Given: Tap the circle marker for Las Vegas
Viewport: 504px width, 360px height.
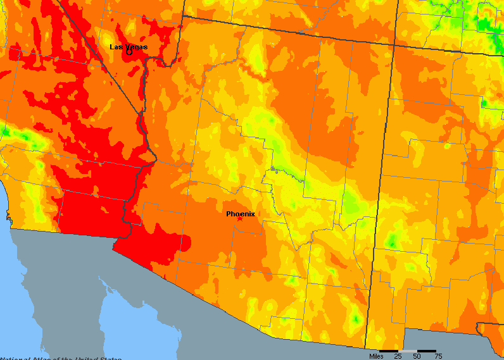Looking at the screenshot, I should (x=129, y=52).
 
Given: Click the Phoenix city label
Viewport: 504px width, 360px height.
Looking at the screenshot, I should (x=241, y=214).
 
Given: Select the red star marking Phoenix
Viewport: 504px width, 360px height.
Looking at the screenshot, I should (x=239, y=219).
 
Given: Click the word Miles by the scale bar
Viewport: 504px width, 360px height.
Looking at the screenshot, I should (x=376, y=356).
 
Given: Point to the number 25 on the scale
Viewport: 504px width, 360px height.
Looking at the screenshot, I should (x=398, y=356).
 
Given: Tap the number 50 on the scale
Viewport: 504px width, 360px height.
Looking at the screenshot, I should (x=417, y=356).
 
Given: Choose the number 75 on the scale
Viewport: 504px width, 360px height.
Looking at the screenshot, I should (x=438, y=356).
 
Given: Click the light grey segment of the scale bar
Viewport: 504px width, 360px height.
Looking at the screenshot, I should (x=408, y=350).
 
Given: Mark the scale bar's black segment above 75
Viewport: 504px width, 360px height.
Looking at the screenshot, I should (x=427, y=350).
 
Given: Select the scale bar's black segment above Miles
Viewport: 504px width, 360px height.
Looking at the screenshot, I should (x=389, y=350).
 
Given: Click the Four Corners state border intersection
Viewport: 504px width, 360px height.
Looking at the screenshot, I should (x=394, y=44).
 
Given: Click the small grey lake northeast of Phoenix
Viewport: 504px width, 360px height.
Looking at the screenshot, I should (x=272, y=168).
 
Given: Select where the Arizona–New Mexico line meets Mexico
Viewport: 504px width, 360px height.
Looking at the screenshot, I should (x=367, y=347).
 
